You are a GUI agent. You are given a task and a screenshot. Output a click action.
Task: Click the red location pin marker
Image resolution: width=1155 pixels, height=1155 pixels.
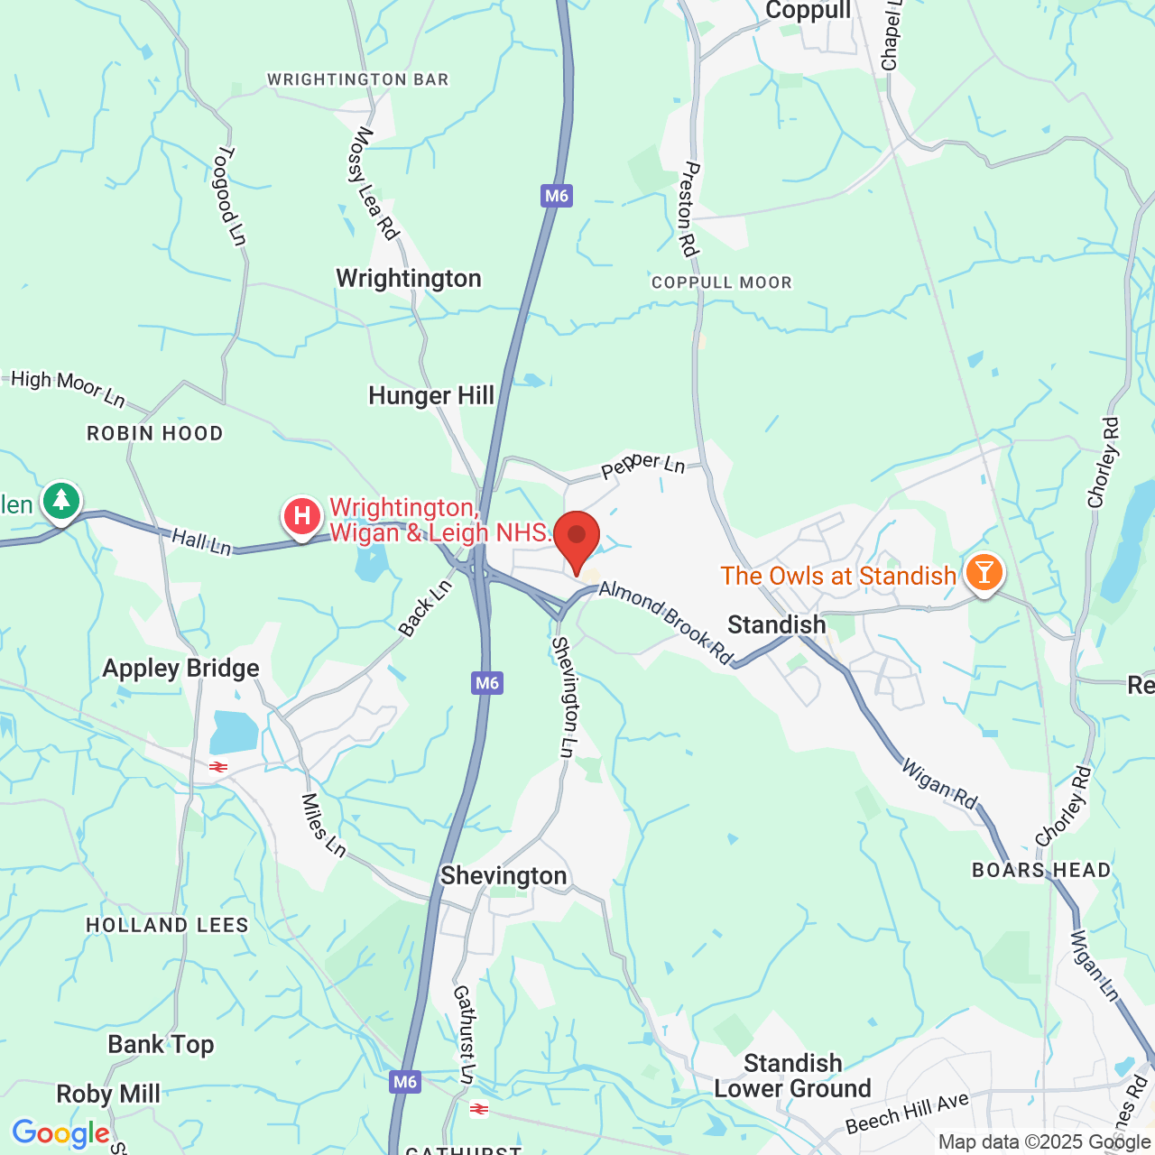pyautogui.click(x=577, y=539)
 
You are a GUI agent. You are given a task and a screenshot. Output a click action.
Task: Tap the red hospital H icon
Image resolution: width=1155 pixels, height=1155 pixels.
pyautogui.click(x=302, y=517)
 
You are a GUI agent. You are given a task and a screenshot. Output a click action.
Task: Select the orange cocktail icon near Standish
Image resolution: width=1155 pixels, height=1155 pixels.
pyautogui.click(x=984, y=572)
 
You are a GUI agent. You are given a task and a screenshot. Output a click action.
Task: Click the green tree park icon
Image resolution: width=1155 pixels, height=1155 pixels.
pyautogui.click(x=60, y=500)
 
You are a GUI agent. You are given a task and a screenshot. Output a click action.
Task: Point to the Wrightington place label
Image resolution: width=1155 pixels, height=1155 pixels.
pyautogui.click(x=409, y=278)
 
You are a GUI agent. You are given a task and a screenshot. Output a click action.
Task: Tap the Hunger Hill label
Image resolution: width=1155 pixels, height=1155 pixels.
pyautogui.click(x=431, y=395)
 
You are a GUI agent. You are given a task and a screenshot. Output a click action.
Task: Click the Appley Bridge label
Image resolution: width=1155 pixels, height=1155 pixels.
pyautogui.click(x=180, y=669)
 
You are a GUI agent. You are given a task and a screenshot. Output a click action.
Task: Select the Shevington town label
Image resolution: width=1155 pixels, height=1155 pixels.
pyautogui.click(x=504, y=876)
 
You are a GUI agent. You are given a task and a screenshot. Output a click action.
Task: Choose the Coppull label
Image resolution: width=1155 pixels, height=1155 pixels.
pyautogui.click(x=808, y=11)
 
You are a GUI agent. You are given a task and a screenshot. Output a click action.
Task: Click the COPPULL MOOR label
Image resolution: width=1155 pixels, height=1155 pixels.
pyautogui.click(x=722, y=282)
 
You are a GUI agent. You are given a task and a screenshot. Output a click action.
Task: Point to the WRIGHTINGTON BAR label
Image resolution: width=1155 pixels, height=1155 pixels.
pyautogui.click(x=358, y=79)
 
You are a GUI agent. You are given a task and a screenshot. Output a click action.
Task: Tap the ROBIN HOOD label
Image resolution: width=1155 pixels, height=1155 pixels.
pyautogui.click(x=155, y=433)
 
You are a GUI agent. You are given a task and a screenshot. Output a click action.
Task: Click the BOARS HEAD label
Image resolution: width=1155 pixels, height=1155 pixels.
pyautogui.click(x=1041, y=870)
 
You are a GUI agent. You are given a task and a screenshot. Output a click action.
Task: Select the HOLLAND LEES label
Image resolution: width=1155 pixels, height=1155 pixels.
pyautogui.click(x=167, y=925)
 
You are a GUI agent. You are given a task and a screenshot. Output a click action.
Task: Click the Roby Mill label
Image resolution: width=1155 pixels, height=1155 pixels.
pyautogui.click(x=108, y=1095)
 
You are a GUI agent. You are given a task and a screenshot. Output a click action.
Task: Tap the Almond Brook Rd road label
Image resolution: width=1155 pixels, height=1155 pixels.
pyautogui.click(x=666, y=623)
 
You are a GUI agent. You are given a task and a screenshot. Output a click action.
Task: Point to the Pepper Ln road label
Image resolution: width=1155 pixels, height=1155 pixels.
pyautogui.click(x=643, y=466)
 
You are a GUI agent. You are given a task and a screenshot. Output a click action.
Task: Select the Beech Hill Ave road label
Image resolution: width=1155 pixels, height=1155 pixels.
pyautogui.click(x=907, y=1113)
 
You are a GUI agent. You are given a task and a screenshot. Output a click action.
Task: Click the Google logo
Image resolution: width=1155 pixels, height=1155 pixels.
pyautogui.click(x=60, y=1134)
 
